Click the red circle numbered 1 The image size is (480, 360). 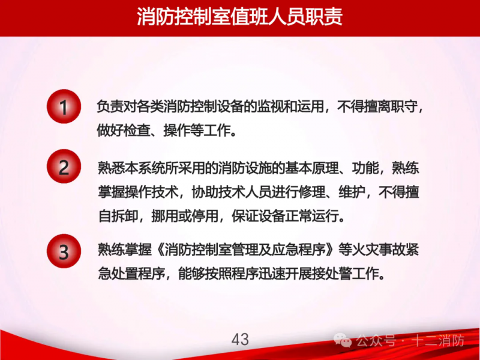[64, 107]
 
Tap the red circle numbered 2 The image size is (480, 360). [64, 166]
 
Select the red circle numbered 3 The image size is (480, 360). [64, 251]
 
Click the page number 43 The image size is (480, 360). [240, 340]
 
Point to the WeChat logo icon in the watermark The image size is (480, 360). [343, 340]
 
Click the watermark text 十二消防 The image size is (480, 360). [439, 340]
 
